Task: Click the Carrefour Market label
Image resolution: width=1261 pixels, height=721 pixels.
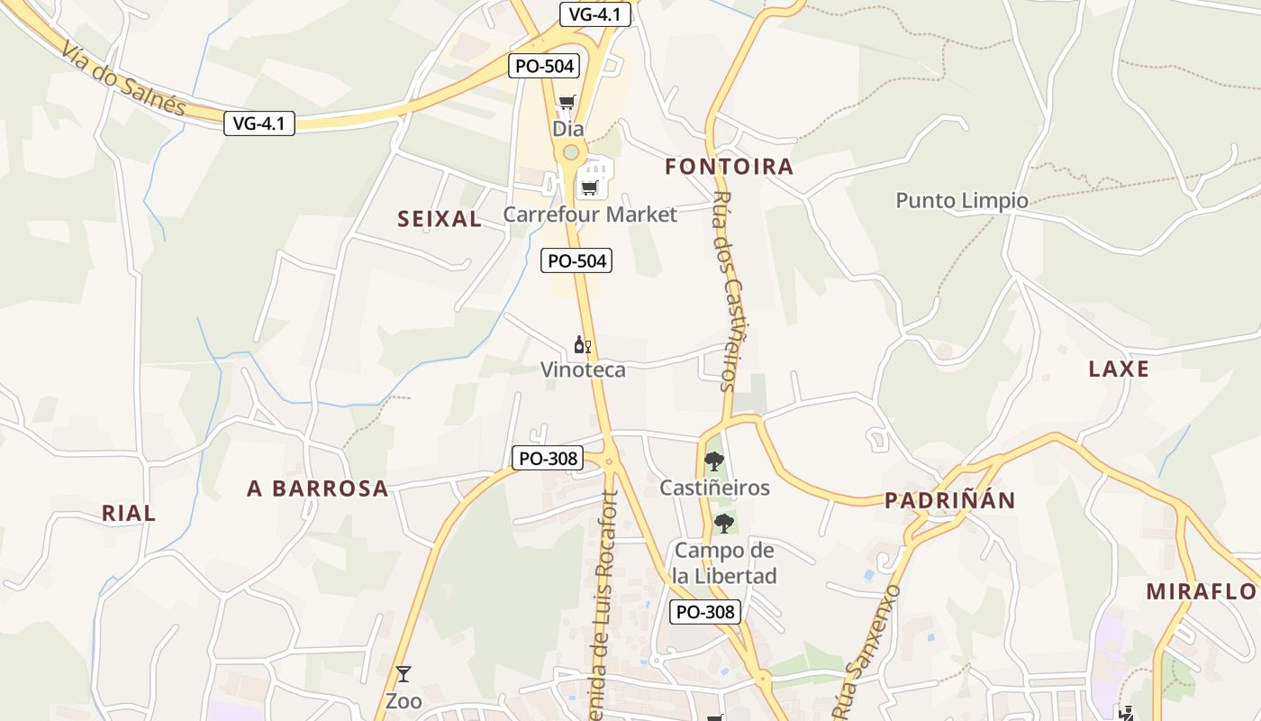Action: [589, 214]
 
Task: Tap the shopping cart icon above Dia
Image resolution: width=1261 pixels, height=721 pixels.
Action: [567, 103]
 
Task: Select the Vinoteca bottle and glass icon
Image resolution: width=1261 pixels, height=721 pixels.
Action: [583, 344]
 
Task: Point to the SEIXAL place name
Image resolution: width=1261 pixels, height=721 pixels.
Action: [440, 219]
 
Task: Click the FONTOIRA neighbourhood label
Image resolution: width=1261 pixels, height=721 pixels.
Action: [730, 167]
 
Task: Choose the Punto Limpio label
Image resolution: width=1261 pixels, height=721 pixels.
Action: [962, 200]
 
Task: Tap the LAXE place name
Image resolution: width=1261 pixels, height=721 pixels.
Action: [1119, 369]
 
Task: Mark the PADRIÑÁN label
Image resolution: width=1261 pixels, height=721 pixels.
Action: [949, 501]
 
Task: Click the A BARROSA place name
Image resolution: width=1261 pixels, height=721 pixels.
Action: [318, 488]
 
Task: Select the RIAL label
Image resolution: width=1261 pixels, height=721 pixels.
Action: [129, 514]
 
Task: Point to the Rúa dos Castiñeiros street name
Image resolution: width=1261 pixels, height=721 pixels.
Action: [734, 292]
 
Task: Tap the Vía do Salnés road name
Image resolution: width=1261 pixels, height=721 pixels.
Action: [124, 78]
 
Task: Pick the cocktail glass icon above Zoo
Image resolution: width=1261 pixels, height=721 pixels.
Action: [403, 674]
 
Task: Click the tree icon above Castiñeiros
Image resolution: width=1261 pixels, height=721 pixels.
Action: [714, 461]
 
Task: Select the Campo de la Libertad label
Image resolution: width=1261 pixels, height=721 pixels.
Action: [725, 563]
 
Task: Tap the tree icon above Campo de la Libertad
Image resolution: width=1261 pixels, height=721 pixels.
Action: [723, 524]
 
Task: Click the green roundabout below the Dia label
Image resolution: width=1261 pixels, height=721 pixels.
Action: [570, 152]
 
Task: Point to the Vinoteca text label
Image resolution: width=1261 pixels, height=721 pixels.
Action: [583, 370]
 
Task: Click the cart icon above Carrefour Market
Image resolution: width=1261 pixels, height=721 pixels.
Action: [589, 187]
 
